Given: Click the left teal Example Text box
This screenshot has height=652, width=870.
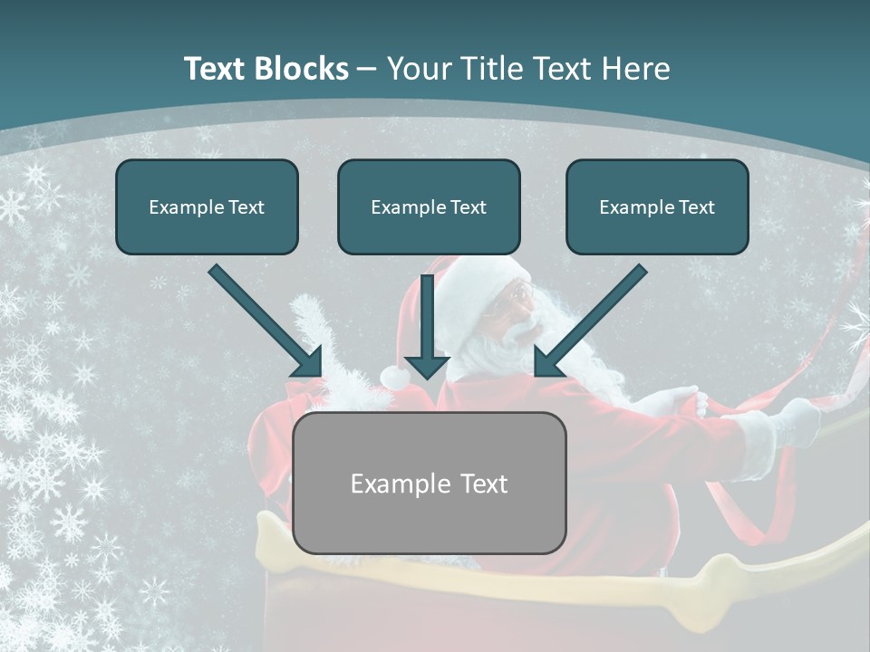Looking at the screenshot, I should click(x=207, y=206).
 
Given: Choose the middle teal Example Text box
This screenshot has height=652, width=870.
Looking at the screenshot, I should click(x=429, y=206).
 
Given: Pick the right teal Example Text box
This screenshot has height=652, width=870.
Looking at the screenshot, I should click(x=657, y=206).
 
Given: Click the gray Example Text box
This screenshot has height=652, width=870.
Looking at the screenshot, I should click(x=430, y=483).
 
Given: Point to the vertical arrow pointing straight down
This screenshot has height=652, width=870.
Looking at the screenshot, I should click(x=426, y=326).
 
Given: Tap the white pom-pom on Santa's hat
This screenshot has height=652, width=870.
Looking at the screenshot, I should click(x=395, y=376).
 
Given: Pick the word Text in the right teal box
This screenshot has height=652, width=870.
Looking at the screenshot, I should click(x=696, y=207).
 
